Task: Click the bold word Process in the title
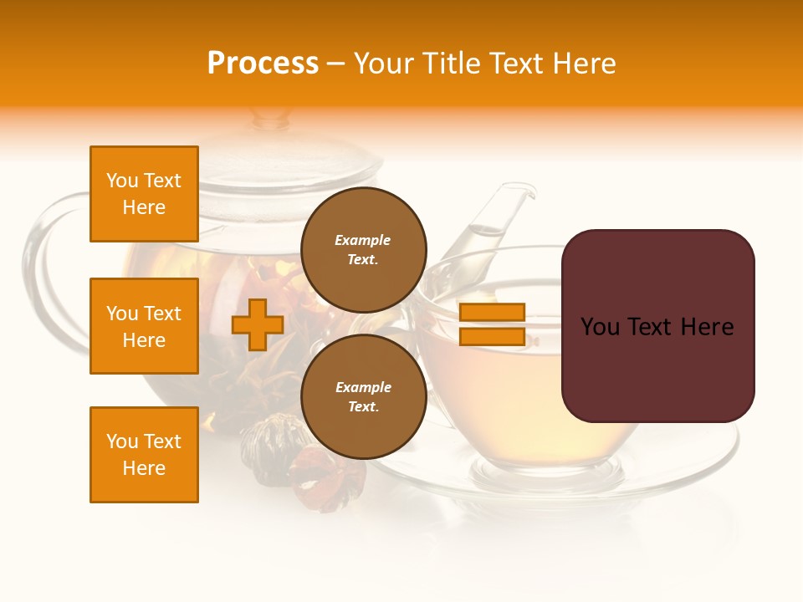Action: pyautogui.click(x=263, y=64)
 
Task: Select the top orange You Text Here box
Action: pyautogui.click(x=144, y=194)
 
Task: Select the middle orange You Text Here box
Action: pyautogui.click(x=144, y=326)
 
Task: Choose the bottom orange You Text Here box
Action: pyautogui.click(x=144, y=455)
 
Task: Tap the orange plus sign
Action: pyautogui.click(x=258, y=324)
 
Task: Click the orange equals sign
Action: pyautogui.click(x=492, y=324)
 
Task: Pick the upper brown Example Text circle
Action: pyautogui.click(x=364, y=250)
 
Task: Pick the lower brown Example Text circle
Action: pyautogui.click(x=364, y=397)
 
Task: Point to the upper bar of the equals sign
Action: pyautogui.click(x=492, y=312)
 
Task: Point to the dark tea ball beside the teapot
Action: pyautogui.click(x=266, y=443)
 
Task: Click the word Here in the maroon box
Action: pyautogui.click(x=707, y=327)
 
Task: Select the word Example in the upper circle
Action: pyautogui.click(x=362, y=240)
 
